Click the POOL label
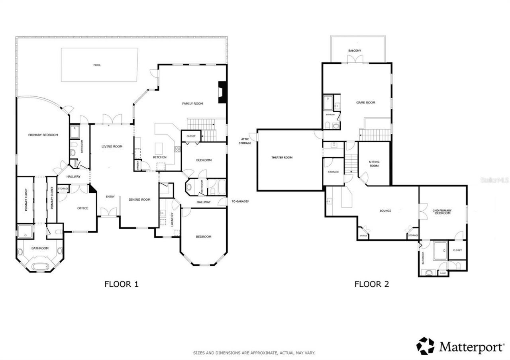97,65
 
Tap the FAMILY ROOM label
192,104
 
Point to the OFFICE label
83,208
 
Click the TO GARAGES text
240,202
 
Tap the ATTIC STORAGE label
245,141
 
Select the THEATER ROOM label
282,158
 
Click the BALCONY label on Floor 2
354,51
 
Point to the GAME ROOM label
365,103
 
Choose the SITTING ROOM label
374,164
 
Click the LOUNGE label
385,211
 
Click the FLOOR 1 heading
121,284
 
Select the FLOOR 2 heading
371,284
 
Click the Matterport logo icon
426,346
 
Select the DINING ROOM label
139,200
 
